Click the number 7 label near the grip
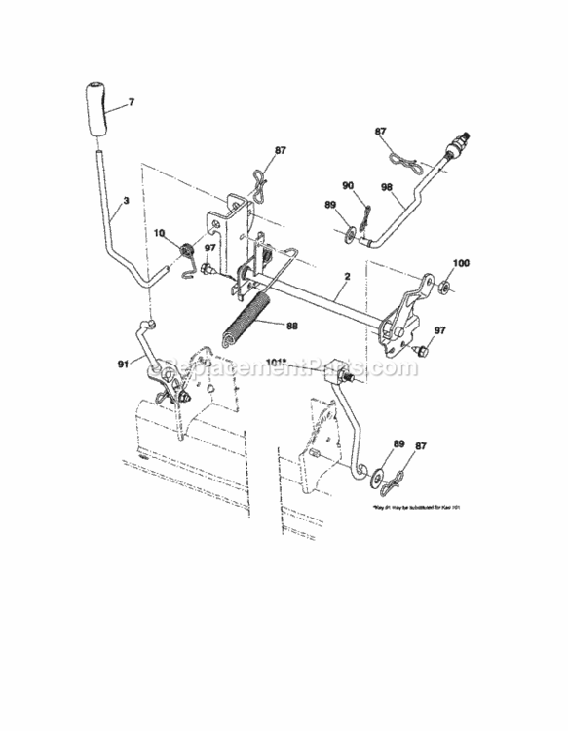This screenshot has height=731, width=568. tap(131, 102)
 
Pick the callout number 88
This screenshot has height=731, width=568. tap(291, 326)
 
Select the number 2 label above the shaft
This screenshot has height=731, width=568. tap(345, 278)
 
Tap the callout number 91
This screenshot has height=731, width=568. tap(122, 365)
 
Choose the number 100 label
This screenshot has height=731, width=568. tap(462, 264)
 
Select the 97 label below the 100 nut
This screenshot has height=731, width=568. tap(439, 331)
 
